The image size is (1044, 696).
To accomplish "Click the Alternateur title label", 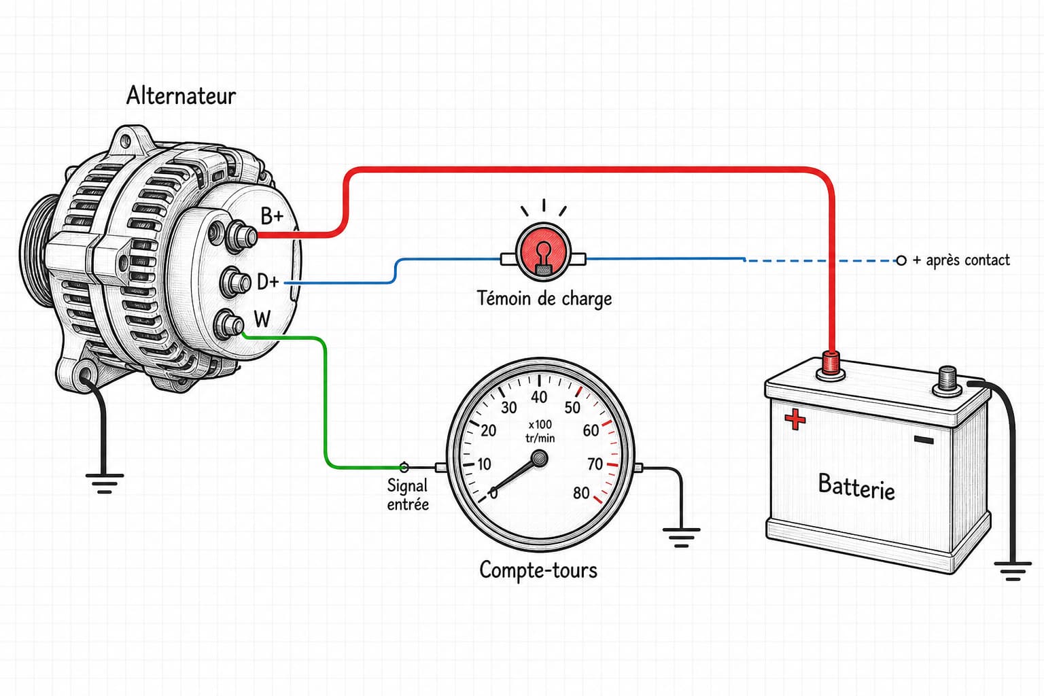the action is (x=181, y=96).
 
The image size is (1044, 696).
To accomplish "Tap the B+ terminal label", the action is (x=272, y=216).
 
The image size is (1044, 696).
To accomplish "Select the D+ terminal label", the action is (x=268, y=281).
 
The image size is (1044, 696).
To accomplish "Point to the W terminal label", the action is (x=262, y=319).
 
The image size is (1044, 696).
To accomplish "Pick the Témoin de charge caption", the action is (x=544, y=299).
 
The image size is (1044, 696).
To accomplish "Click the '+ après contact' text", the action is (x=961, y=260).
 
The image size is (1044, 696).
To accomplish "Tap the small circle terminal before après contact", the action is (x=901, y=260).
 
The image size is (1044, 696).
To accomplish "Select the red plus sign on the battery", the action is (x=795, y=419).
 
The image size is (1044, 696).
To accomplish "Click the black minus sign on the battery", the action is (x=924, y=440).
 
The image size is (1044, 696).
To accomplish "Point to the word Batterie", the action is (x=856, y=487).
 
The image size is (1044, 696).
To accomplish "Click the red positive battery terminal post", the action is (x=830, y=364).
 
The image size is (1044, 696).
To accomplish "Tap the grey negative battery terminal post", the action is (x=947, y=381).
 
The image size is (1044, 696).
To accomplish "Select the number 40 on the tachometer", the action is (x=539, y=397).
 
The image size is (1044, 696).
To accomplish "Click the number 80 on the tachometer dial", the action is (x=581, y=493).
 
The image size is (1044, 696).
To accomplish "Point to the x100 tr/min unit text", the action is (x=540, y=431).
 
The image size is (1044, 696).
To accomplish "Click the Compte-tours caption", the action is (x=538, y=570).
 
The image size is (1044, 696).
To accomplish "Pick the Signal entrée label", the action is (x=408, y=495).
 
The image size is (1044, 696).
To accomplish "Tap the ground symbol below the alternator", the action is (x=105, y=483).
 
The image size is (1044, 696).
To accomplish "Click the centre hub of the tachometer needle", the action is (x=540, y=459).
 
